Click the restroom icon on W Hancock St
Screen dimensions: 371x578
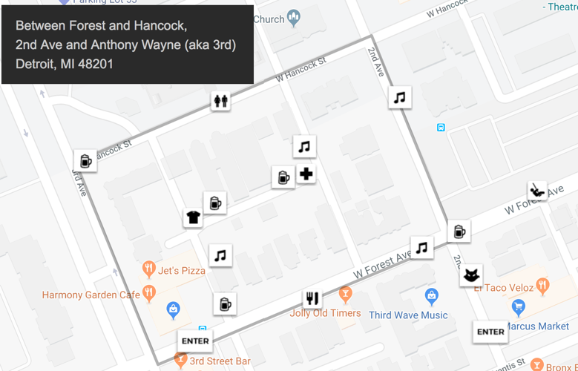(220, 100)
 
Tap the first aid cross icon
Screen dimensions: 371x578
(306, 174)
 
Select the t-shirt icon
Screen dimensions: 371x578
(193, 217)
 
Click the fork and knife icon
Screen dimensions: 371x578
(312, 298)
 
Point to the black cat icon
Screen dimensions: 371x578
(470, 276)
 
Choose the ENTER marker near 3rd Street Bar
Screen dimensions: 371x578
(195, 341)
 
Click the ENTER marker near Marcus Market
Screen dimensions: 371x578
(490, 332)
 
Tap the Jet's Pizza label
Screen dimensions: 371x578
(182, 270)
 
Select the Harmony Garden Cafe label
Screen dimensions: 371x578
(91, 295)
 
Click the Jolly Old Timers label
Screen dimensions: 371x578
(325, 313)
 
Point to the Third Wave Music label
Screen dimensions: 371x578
(408, 315)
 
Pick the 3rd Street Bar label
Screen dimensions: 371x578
(221, 361)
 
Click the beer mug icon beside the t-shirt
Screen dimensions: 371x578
(214, 202)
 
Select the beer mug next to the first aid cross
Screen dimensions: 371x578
(283, 177)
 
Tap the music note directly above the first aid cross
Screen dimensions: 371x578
(304, 147)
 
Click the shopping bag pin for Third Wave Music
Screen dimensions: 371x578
(432, 297)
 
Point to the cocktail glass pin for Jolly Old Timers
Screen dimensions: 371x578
(344, 295)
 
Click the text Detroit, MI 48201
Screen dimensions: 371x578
(65, 64)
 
